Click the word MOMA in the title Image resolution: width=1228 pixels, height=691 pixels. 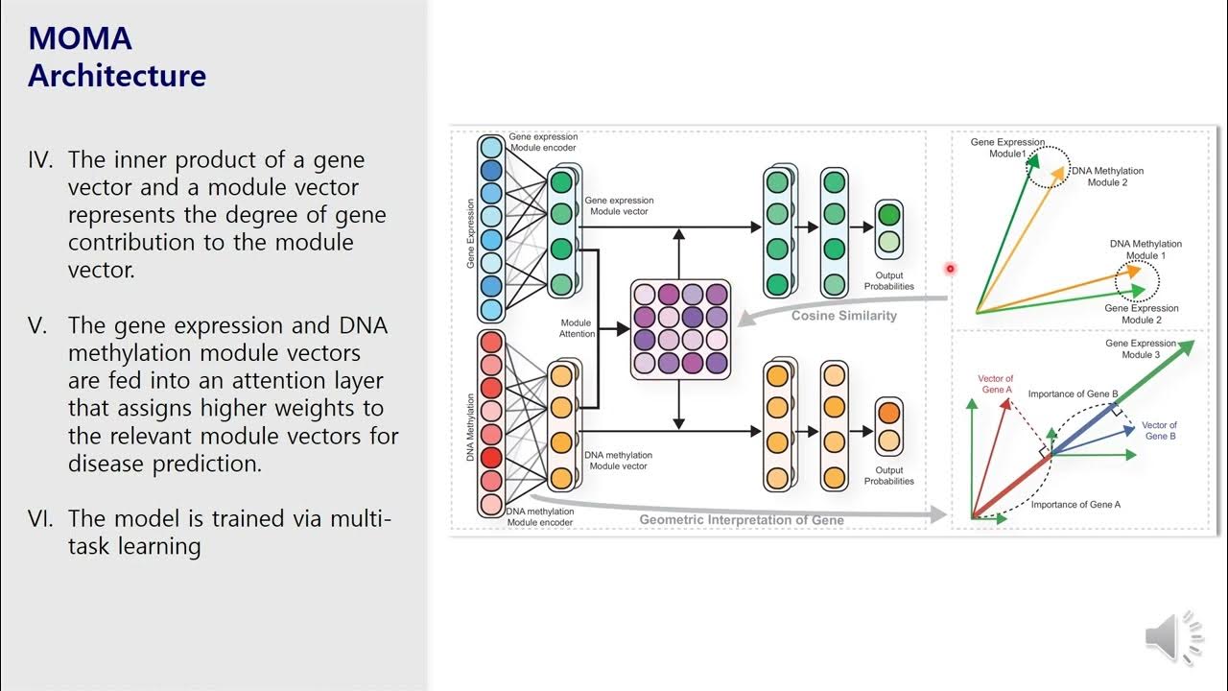pyautogui.click(x=80, y=38)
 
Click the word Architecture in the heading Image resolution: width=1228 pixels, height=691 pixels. pyautogui.click(x=117, y=76)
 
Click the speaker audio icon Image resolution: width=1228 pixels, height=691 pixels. pyautogui.click(x=1172, y=638)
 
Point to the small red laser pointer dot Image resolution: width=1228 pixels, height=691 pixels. pyautogui.click(x=951, y=269)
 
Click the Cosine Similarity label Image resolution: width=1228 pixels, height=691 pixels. pyautogui.click(x=843, y=316)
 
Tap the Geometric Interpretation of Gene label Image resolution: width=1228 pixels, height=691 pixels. pyautogui.click(x=742, y=520)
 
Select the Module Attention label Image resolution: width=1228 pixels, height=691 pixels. pyautogui.click(x=578, y=328)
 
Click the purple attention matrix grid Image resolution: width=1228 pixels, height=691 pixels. pyautogui.click(x=680, y=327)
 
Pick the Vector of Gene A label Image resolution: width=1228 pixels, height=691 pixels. pyautogui.click(x=996, y=384)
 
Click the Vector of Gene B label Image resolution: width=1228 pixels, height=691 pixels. pyautogui.click(x=1159, y=431)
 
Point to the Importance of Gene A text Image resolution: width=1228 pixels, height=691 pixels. pyautogui.click(x=1075, y=505)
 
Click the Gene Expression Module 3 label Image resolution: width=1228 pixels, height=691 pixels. pyautogui.click(x=1140, y=349)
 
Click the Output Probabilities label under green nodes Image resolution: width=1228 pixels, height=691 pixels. pyautogui.click(x=888, y=281)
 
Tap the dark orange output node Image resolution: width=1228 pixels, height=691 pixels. pyautogui.click(x=888, y=413)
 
